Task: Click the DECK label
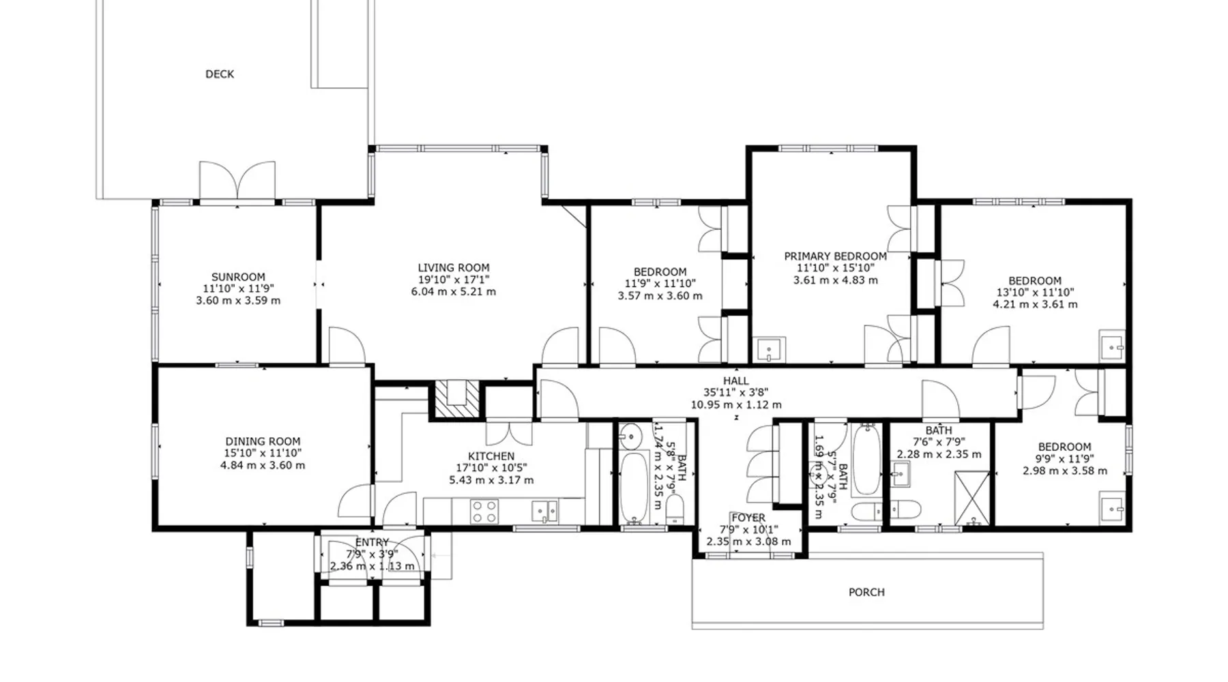(220, 74)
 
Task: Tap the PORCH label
(866, 593)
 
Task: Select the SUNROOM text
(238, 277)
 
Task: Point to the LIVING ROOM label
(454, 268)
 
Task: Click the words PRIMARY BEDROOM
(836, 256)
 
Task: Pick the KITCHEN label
(491, 456)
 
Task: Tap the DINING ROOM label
(263, 441)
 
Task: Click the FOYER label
(748, 518)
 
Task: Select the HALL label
(736, 381)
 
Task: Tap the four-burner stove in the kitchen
(484, 512)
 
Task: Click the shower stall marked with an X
(972, 498)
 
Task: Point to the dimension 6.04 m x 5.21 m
(454, 292)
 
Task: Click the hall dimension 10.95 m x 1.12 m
(736, 404)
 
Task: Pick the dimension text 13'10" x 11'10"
(1035, 293)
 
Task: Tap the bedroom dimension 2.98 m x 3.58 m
(1065, 471)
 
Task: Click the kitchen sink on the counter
(545, 511)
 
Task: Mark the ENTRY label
(372, 543)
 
